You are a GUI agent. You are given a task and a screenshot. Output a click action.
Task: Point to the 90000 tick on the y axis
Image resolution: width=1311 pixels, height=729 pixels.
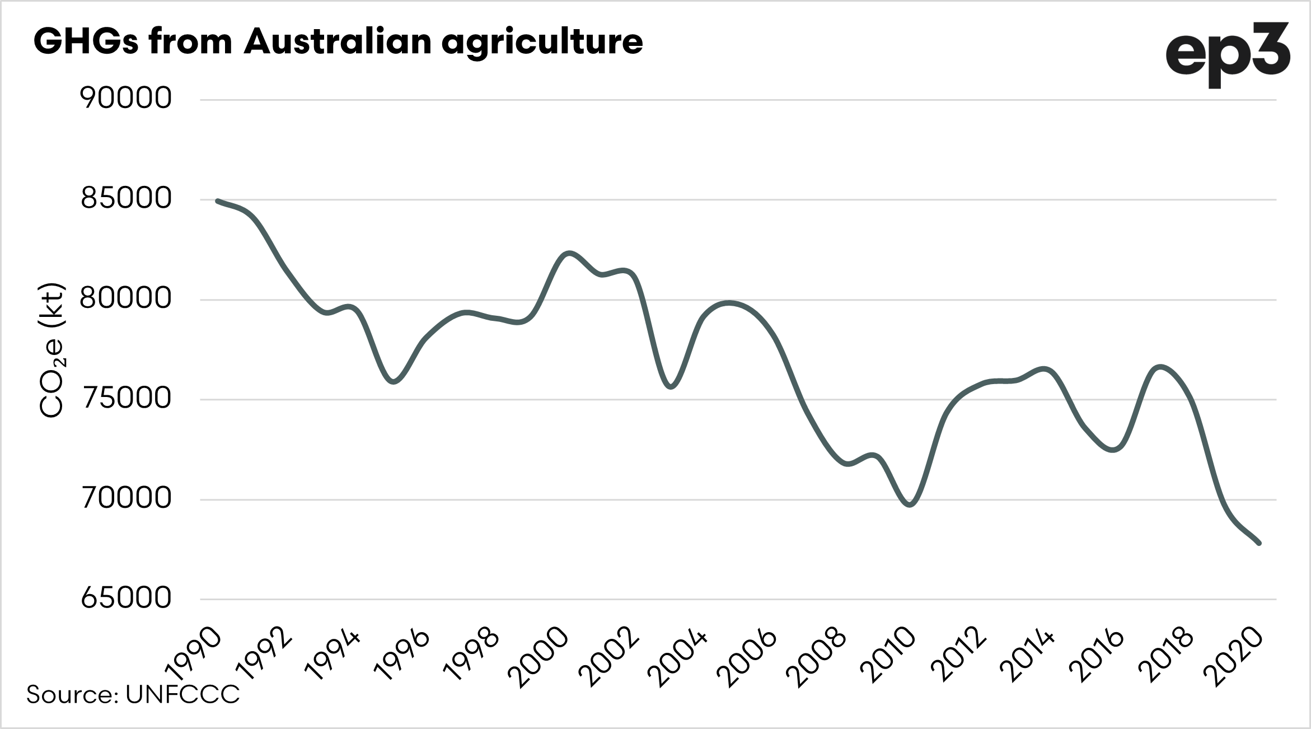126,99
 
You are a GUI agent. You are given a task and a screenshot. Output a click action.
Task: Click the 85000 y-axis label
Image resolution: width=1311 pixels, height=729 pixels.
126,198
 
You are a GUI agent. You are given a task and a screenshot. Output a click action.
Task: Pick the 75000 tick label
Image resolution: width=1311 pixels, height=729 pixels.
126,398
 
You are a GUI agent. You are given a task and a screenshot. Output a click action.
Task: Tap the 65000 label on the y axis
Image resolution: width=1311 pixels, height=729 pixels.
126,598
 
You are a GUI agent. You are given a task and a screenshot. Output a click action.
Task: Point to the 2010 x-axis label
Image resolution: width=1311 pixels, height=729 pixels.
888,658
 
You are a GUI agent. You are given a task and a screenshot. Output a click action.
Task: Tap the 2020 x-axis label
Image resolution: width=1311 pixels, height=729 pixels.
1234,658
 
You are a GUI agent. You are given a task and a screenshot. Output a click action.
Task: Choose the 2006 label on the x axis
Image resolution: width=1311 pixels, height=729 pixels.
750,658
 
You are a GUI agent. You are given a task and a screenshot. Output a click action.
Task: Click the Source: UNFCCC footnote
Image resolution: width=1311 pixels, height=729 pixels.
133,695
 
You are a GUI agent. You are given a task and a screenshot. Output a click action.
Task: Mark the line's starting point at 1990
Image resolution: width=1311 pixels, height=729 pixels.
217,200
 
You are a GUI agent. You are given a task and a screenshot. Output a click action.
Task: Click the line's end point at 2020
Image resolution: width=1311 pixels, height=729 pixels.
1259,543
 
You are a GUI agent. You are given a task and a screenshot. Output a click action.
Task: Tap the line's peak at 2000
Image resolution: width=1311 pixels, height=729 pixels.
569,253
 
